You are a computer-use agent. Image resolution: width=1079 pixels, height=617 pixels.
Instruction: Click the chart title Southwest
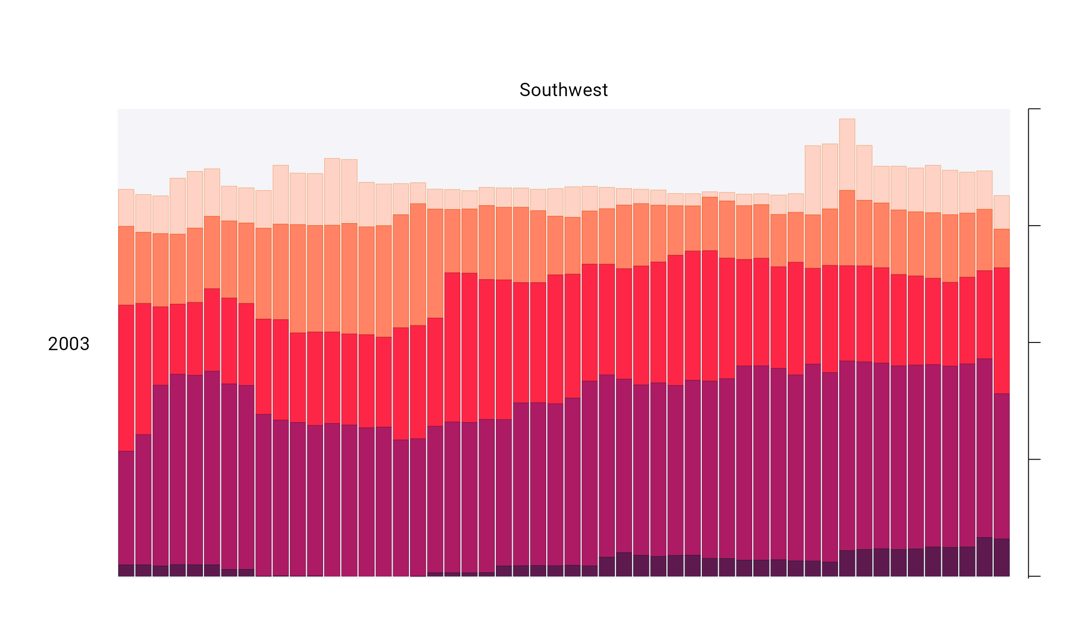pyautogui.click(x=563, y=90)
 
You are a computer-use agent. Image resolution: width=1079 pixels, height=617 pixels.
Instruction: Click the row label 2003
pyautogui.click(x=68, y=344)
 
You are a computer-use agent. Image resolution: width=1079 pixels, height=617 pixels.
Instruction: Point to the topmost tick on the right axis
pyautogui.click(x=1034, y=109)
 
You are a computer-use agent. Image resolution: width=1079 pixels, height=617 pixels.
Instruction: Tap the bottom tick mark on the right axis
pyautogui.click(x=1034, y=576)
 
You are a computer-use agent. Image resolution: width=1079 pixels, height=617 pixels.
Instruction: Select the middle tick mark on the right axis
pyautogui.click(x=1034, y=342)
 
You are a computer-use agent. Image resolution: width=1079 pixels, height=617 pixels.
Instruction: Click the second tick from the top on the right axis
pyautogui.click(x=1034, y=226)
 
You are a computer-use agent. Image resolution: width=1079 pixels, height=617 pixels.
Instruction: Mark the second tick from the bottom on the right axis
pyautogui.click(x=1034, y=460)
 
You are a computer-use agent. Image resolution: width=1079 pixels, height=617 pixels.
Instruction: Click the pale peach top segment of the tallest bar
pyautogui.click(x=847, y=154)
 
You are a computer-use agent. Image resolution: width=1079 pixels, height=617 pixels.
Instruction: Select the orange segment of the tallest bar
pyautogui.click(x=847, y=228)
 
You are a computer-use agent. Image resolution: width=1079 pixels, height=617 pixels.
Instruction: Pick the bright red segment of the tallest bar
pyautogui.click(x=847, y=313)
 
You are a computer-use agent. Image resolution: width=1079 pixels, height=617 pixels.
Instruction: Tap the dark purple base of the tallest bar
pyautogui.click(x=847, y=563)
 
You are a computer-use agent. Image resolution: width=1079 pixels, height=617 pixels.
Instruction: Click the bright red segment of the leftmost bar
pyautogui.click(x=126, y=378)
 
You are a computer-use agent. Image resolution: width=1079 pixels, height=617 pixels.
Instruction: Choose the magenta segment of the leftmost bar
pyautogui.click(x=126, y=507)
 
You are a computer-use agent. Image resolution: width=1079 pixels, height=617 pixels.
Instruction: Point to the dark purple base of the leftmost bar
pyautogui.click(x=126, y=570)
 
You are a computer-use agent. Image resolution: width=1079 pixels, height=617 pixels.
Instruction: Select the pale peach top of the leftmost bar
pyautogui.click(x=126, y=208)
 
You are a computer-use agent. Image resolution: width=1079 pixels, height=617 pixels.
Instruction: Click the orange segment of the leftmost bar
pyautogui.click(x=126, y=265)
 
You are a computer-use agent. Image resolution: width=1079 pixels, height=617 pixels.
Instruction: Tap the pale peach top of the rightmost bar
pyautogui.click(x=1001, y=212)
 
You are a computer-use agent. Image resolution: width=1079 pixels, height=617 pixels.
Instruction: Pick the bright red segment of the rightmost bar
pyautogui.click(x=1001, y=330)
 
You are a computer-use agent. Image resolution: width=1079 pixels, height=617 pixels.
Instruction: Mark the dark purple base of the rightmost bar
pyautogui.click(x=1001, y=557)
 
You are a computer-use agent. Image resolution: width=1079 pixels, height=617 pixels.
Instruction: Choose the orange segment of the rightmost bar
pyautogui.click(x=1001, y=248)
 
